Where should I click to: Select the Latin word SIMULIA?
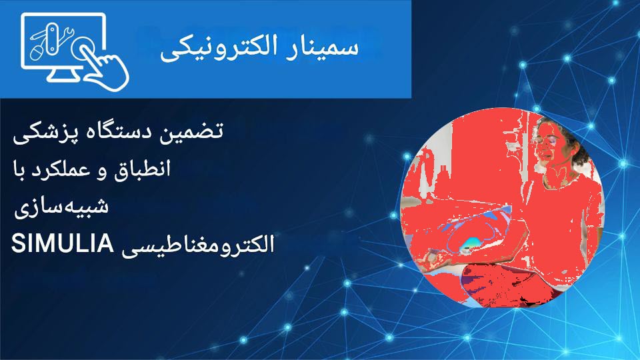click(x=62, y=244)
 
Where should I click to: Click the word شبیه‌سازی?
click(x=61, y=207)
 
